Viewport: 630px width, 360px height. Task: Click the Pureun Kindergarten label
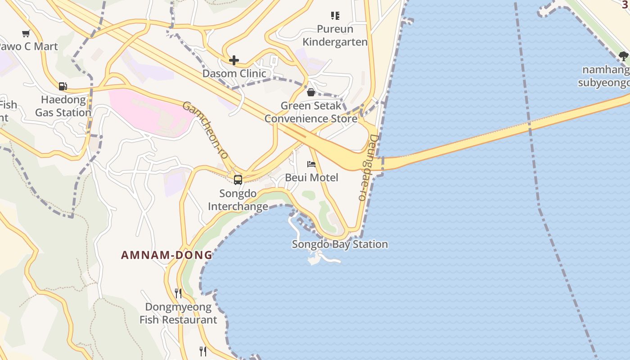click(x=335, y=36)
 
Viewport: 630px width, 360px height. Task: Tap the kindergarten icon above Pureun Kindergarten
click(x=335, y=16)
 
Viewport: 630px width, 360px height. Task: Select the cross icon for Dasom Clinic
click(x=234, y=60)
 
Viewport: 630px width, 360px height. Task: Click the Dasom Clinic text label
click(x=234, y=73)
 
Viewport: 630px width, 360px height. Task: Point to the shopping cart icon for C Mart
click(x=26, y=33)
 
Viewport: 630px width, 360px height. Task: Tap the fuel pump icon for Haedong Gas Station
click(x=63, y=86)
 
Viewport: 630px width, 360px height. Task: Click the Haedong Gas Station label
click(x=63, y=106)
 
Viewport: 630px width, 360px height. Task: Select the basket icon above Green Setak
click(x=310, y=93)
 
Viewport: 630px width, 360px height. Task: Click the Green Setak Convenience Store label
click(x=310, y=112)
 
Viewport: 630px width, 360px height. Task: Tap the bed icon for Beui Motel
click(x=311, y=164)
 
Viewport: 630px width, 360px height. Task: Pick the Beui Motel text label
click(x=311, y=177)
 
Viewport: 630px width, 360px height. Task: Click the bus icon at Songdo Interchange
click(x=238, y=180)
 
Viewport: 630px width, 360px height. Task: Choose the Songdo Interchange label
click(x=238, y=200)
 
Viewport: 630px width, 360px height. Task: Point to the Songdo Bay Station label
click(x=340, y=244)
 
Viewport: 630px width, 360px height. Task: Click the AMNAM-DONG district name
click(x=166, y=255)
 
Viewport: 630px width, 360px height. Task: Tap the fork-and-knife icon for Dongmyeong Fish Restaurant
click(x=178, y=293)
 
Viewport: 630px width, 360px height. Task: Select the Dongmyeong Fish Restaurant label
click(x=178, y=314)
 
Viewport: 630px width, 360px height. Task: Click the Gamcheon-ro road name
click(x=205, y=130)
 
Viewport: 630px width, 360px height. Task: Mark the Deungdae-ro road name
click(x=368, y=167)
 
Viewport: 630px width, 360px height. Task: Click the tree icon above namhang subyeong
click(x=623, y=56)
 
